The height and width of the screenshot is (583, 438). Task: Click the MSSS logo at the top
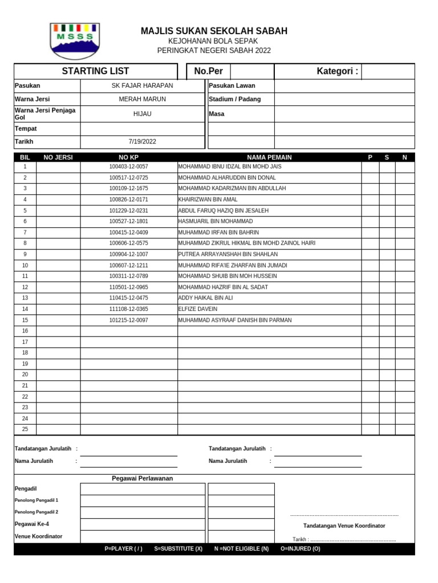click(74, 41)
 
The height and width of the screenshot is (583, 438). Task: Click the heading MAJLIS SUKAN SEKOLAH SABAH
click(214, 31)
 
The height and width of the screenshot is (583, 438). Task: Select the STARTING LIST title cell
click(95, 71)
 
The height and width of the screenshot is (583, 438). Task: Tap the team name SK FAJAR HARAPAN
click(142, 85)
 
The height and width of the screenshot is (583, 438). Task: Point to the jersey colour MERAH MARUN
click(142, 99)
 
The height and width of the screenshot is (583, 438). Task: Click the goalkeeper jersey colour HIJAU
click(142, 114)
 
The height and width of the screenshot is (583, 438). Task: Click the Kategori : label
click(337, 71)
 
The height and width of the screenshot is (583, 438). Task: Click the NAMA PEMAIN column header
click(269, 157)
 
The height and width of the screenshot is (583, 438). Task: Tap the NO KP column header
click(128, 157)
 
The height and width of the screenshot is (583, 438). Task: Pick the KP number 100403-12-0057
click(128, 167)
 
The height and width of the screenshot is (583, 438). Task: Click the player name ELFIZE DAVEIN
click(198, 309)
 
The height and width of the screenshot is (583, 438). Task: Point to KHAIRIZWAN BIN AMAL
click(208, 200)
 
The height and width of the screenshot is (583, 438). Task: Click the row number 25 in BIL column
click(25, 429)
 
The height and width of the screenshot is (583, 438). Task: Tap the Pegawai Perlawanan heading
click(142, 478)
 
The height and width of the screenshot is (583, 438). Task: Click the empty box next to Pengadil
click(142, 489)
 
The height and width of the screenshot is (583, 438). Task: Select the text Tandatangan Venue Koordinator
click(344, 525)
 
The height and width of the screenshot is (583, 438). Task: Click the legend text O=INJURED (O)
click(301, 549)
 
